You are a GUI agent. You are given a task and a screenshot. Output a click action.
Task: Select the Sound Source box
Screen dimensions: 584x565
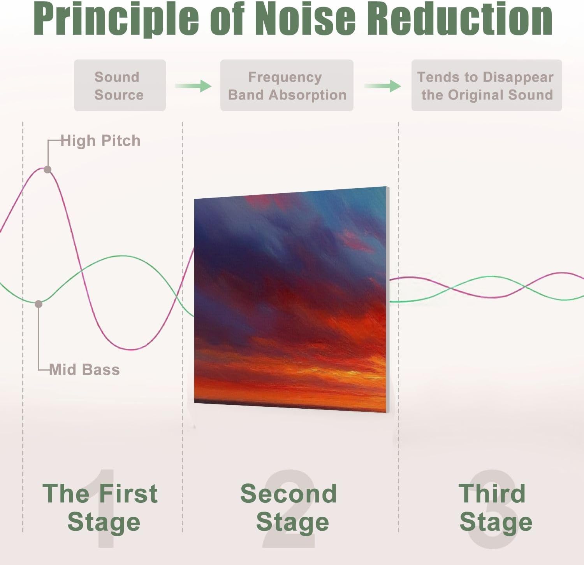pos(120,86)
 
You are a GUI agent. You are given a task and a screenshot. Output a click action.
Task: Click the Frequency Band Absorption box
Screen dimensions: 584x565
pos(287,86)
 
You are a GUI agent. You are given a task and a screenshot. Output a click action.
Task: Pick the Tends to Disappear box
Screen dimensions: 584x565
pos(487,86)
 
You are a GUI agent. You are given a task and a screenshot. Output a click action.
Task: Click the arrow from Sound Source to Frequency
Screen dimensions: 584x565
pos(193,86)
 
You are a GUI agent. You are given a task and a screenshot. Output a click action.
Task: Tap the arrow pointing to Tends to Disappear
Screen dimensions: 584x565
pos(383,86)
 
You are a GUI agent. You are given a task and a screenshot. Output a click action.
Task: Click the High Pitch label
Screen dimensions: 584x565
pos(100,141)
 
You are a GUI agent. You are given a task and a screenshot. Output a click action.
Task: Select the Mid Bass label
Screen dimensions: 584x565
pos(84,369)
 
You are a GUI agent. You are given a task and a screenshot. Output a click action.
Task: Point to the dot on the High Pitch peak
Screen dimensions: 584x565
pos(47,170)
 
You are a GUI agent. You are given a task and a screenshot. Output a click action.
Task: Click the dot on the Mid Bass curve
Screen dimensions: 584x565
pos(38,304)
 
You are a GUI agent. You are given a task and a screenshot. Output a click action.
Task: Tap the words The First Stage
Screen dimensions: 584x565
pos(100,507)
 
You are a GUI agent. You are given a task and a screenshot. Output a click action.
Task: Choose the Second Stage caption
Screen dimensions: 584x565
pos(289,507)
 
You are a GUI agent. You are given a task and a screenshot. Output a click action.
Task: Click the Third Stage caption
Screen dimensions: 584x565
pos(495,507)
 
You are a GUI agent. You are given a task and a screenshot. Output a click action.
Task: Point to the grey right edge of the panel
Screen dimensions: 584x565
pos(388,299)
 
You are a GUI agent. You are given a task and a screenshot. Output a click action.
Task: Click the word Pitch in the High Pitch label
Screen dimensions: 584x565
pos(121,141)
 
